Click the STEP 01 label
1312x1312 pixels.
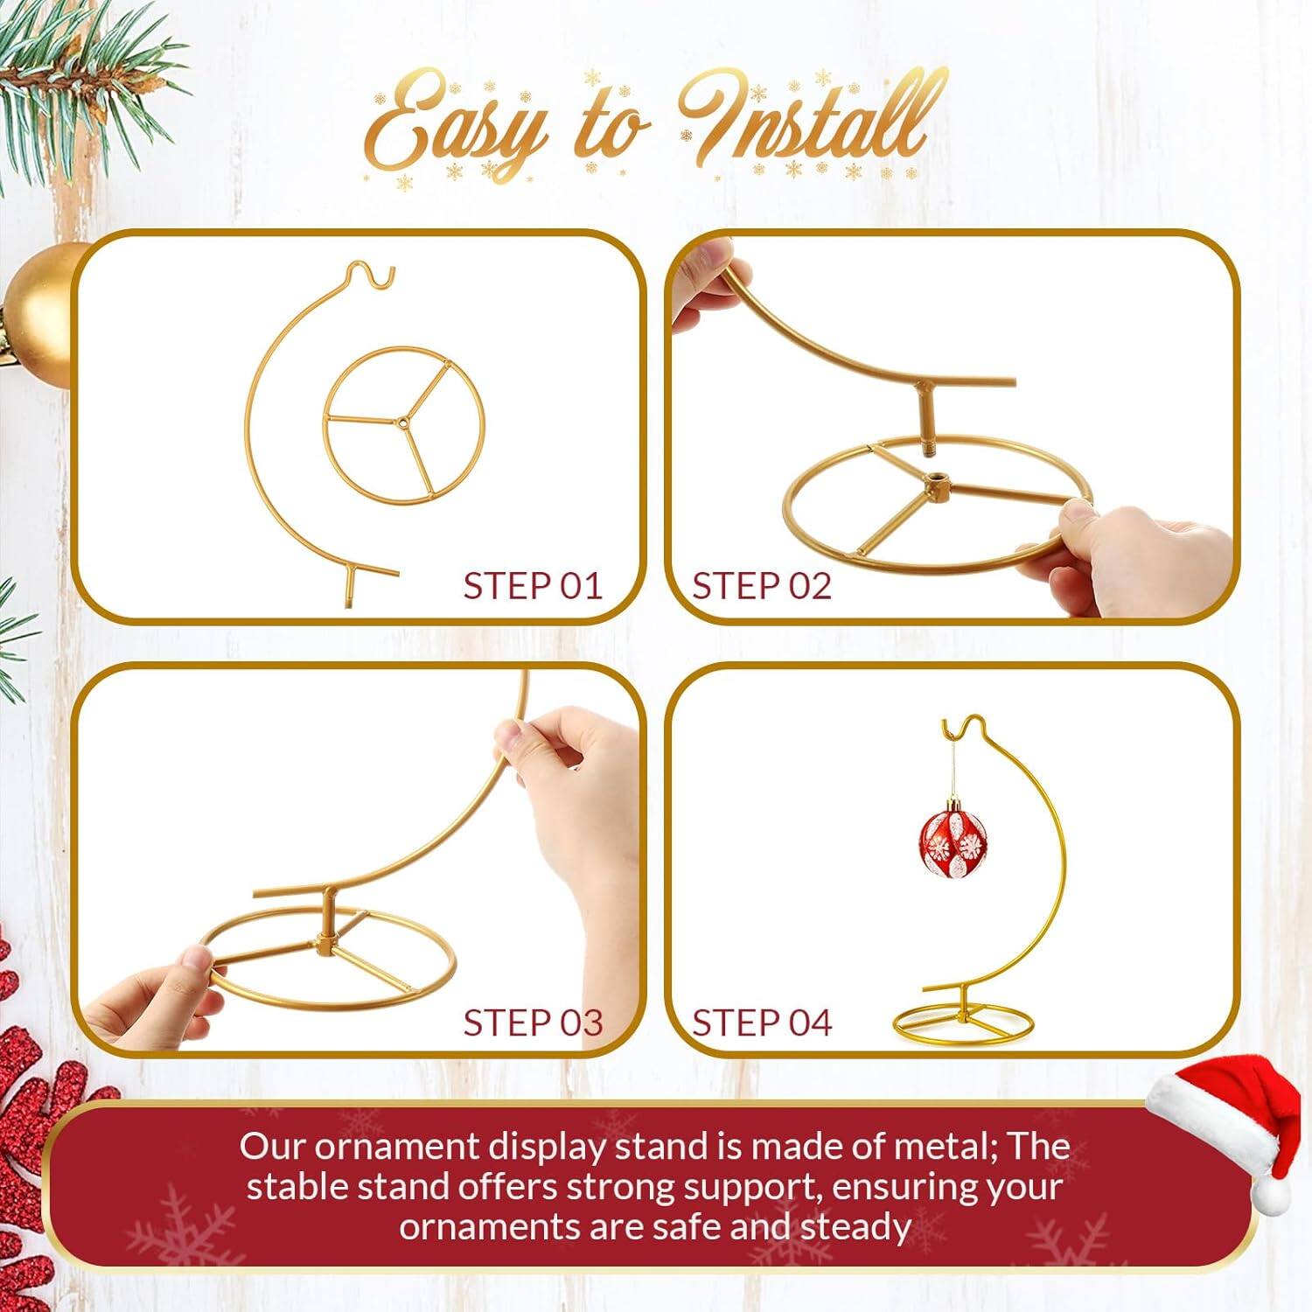(533, 586)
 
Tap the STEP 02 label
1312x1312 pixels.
(761, 586)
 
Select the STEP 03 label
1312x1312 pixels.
(533, 1022)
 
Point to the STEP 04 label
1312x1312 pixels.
(761, 1022)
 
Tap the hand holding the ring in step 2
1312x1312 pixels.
(1128, 560)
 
